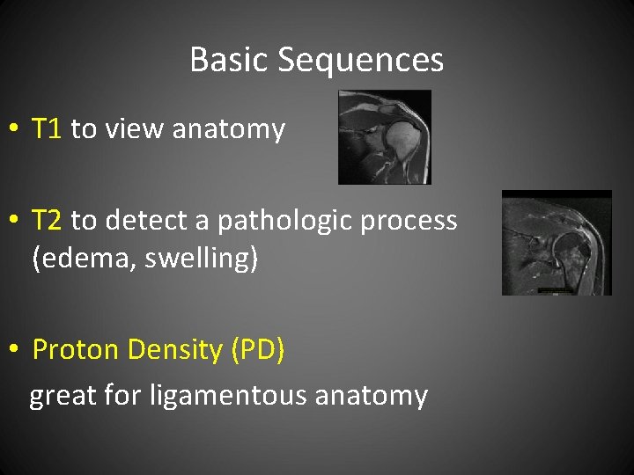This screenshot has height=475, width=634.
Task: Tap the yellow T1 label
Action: (47, 129)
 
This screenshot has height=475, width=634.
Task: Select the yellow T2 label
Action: (47, 220)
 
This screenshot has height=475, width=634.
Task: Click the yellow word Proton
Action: (77, 350)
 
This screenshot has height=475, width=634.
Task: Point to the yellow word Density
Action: (175, 350)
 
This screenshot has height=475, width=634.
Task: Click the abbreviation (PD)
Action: (257, 350)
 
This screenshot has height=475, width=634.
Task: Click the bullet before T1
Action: (13, 130)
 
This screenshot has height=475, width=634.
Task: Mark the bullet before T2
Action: (13, 221)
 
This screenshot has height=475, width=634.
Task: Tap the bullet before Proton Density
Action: (13, 351)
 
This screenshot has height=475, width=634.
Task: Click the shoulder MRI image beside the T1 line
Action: (385, 136)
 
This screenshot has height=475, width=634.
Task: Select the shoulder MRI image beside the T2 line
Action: (557, 243)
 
